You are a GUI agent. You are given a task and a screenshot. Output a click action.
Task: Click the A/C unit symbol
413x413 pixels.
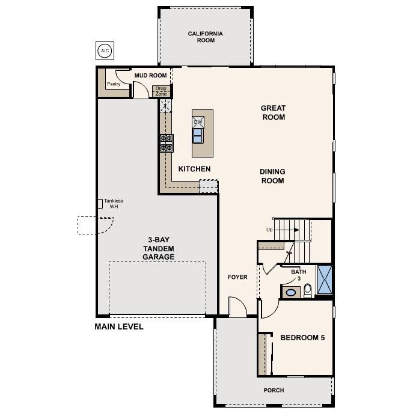point(105,50)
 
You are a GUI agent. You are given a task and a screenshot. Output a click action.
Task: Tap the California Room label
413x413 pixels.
point(205,37)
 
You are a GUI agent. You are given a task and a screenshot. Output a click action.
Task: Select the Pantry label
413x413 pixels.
point(114,84)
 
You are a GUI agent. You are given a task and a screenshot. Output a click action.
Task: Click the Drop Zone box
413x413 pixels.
point(161,91)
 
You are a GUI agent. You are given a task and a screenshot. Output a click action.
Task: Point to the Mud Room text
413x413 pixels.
point(150,76)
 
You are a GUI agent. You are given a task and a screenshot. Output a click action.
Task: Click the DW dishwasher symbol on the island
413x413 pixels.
point(198,121)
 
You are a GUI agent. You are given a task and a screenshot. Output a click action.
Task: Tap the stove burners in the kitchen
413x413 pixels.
point(166,143)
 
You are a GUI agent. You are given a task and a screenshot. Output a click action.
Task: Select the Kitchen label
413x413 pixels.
point(194,169)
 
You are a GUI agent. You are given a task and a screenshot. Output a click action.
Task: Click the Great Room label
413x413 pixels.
point(273,112)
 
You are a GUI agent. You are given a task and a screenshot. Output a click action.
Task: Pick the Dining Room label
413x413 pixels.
point(272,176)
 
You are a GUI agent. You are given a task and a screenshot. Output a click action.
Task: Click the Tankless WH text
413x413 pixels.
point(114,204)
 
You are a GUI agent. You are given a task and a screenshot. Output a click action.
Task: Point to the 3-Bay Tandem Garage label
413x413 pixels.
point(159,246)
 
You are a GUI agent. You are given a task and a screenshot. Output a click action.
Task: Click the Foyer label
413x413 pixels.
point(237,277)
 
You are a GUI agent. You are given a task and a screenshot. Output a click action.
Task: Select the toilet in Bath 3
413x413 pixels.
point(308,291)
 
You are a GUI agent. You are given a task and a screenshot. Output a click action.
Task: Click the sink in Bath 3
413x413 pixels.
point(291,293)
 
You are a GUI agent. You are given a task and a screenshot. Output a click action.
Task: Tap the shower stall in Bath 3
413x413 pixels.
point(325,280)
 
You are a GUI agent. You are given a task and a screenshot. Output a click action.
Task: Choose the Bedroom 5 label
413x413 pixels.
point(302,338)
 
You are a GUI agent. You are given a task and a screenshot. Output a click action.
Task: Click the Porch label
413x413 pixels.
point(274,390)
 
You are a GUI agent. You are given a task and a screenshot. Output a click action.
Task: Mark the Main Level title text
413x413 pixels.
point(119,327)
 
